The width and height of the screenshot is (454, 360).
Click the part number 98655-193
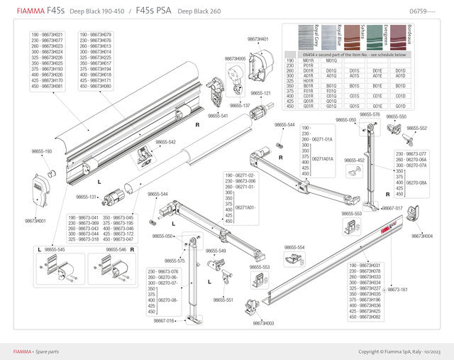[42, 151]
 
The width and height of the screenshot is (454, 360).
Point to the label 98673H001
[35, 221]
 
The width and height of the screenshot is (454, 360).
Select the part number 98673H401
[258, 39]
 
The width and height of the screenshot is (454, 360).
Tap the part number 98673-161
[397, 290]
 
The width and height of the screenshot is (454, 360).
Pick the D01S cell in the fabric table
[353, 71]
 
